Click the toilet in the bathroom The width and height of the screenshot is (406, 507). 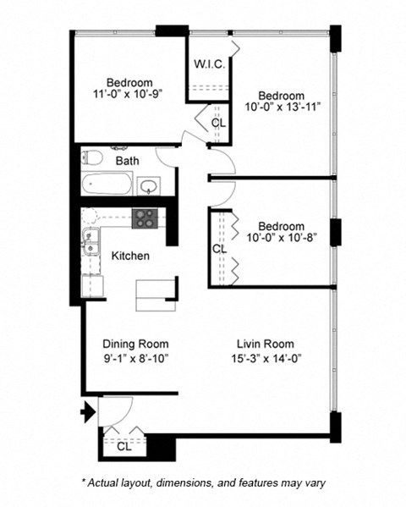click(x=92, y=157)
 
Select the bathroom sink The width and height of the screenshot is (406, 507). click(x=150, y=185)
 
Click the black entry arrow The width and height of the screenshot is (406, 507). click(x=86, y=414)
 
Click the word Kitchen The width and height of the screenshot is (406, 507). click(x=131, y=256)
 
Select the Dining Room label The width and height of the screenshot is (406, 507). click(x=135, y=344)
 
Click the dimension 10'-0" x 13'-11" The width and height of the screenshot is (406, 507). click(x=283, y=108)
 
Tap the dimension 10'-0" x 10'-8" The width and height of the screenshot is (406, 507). click(x=282, y=240)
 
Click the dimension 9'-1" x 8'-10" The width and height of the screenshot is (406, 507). click(x=135, y=358)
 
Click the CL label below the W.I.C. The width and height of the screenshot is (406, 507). click(x=218, y=123)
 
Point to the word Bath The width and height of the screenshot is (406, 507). click(x=128, y=161)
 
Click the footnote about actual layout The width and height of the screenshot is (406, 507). click(x=203, y=482)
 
